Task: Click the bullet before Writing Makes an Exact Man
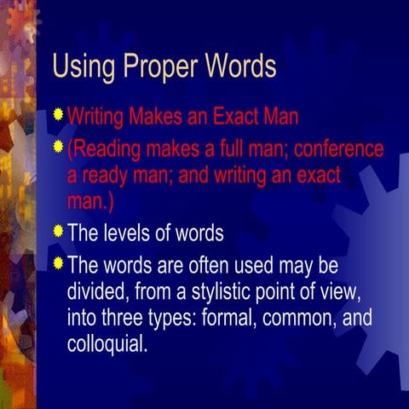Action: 58,112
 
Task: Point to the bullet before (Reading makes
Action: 58,147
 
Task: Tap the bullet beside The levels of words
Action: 58,229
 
